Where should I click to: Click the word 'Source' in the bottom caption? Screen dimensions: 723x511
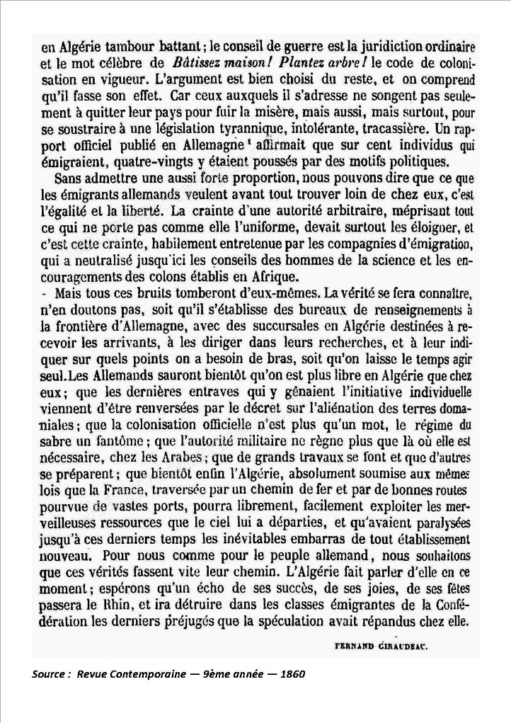click(48, 673)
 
